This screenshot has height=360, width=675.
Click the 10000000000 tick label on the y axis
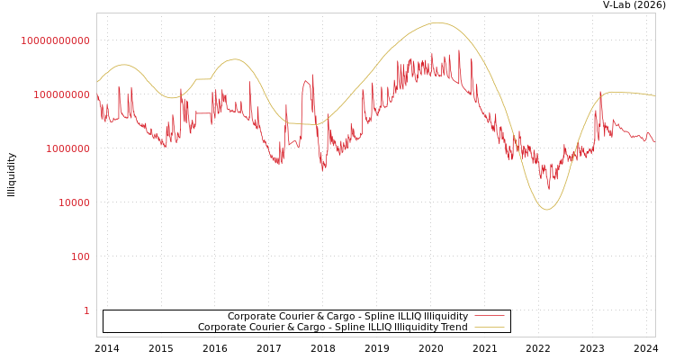pos(56,40)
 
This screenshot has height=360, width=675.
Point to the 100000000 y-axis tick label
pos(61,94)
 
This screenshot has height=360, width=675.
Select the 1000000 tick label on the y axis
pos(67,148)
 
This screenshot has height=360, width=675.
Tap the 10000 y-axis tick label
pos(74,202)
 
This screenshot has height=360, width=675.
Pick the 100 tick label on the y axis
pos(80,256)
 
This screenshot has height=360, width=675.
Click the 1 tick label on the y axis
pos(86,310)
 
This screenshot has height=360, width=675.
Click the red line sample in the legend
pos(490,317)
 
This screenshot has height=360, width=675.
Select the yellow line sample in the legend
pos(490,328)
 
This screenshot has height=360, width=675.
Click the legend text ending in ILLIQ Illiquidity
pos(347,317)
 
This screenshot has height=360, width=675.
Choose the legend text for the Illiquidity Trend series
pos(333,328)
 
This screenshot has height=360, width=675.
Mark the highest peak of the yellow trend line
pos(438,22)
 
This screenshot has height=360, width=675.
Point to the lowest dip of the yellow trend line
pos(546,210)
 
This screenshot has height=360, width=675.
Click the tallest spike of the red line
pos(459,50)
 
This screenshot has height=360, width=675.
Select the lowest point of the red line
pos(549,189)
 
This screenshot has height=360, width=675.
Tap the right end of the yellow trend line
pos(654,95)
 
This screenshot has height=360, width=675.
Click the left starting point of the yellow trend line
pos(97,83)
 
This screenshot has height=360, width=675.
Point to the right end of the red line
pos(654,142)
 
